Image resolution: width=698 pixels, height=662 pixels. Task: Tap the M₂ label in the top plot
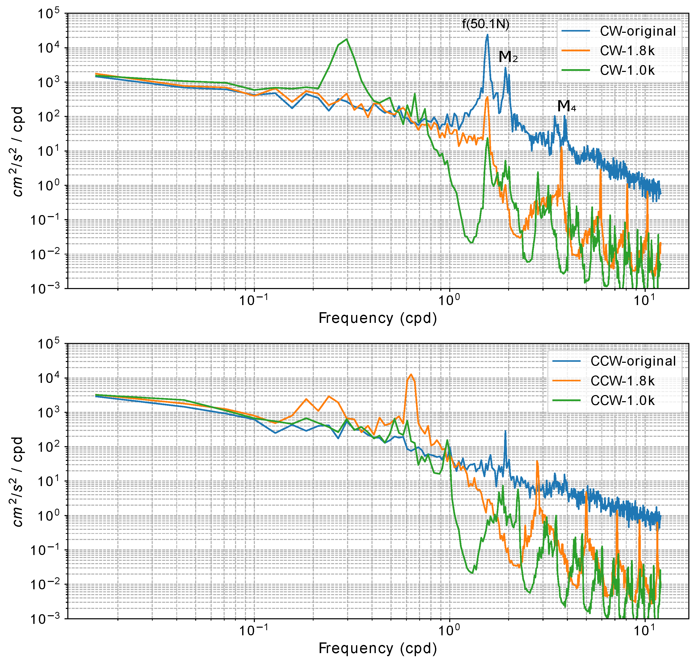508,56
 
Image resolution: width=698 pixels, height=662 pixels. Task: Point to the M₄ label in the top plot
566,106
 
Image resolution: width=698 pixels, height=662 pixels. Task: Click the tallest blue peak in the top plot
487,35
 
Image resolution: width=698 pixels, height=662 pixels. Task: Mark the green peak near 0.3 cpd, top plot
347,39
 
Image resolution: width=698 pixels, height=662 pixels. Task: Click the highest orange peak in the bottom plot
411,375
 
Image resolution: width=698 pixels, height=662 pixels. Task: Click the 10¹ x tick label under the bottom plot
644,630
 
